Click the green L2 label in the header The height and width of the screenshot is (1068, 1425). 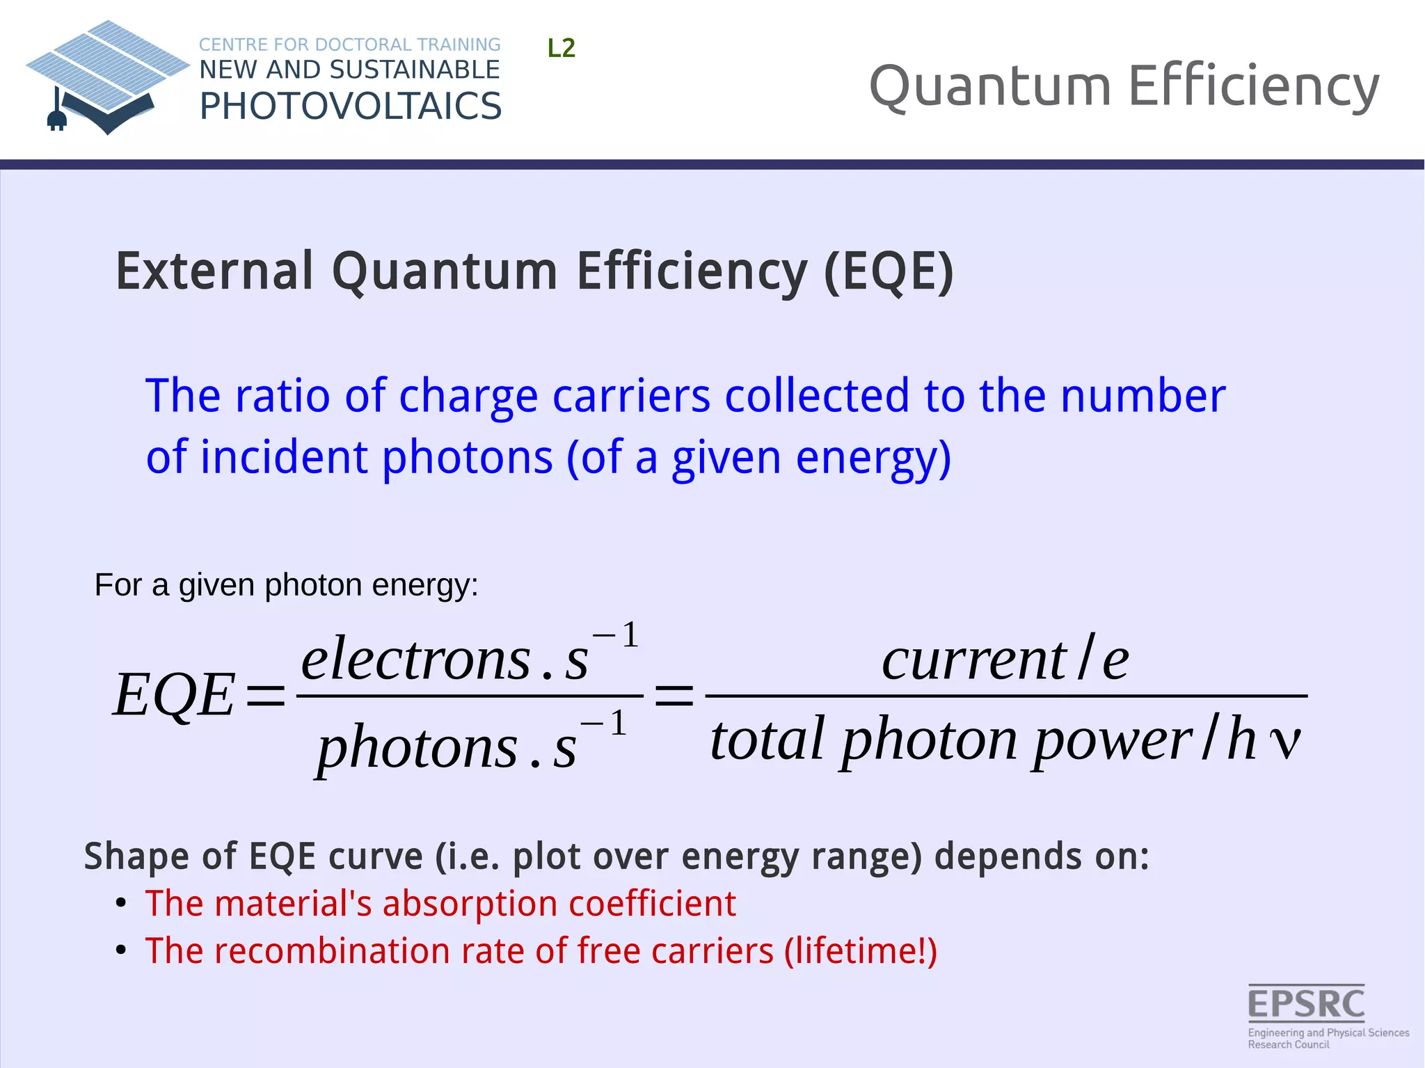(561, 48)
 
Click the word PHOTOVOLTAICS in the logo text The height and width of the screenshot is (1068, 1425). (350, 106)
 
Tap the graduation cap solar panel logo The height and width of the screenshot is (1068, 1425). (108, 73)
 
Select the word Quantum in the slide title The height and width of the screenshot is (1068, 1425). (989, 86)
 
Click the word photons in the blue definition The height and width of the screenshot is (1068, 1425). (467, 458)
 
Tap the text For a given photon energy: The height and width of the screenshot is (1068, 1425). (286, 585)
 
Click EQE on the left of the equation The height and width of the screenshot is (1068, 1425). (174, 695)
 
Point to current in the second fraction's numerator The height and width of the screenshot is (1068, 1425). (973, 660)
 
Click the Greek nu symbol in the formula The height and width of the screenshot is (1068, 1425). (1284, 742)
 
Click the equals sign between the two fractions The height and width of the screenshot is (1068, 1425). (674, 695)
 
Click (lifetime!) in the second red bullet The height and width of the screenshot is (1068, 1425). (861, 951)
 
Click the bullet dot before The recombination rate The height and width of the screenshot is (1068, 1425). (121, 950)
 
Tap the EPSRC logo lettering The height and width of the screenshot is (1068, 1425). (1306, 1004)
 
